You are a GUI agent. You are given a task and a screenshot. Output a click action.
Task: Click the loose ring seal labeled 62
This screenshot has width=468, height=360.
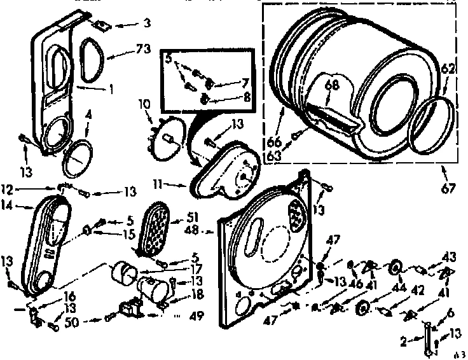coord(433,126)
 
